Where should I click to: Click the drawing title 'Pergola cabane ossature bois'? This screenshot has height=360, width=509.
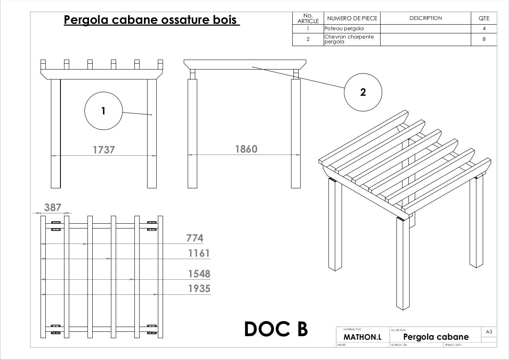coord(152,20)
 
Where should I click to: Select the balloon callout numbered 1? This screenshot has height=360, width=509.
coord(103,111)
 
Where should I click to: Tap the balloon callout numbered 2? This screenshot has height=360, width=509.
coord(363,92)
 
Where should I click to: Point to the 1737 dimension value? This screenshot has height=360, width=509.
coord(104,150)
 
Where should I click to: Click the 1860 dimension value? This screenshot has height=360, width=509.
coord(246,149)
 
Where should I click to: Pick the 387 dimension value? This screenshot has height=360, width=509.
coord(53,207)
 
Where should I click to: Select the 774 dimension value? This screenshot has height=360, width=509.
coord(195,238)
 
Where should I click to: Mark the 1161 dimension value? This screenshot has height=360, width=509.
coord(199,253)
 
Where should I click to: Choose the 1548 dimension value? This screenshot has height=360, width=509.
coord(199,274)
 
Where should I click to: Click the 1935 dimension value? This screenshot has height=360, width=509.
coord(199,288)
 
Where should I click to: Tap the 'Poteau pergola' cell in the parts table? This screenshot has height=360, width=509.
coord(344,29)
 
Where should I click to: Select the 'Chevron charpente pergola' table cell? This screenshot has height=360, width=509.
coord(349,39)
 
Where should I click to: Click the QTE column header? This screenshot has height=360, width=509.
coord(484,18)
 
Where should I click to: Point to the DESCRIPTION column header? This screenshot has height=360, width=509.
coord(425,18)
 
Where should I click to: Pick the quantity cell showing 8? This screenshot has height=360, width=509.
coord(484,39)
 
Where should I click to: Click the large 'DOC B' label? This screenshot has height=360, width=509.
coord(276,329)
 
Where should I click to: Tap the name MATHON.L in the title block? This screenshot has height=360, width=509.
coord(362,337)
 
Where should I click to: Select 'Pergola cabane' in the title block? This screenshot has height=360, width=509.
coord(436,337)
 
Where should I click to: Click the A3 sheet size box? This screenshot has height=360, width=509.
coord(489,332)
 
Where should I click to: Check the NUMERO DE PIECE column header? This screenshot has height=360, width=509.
coord(352,18)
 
